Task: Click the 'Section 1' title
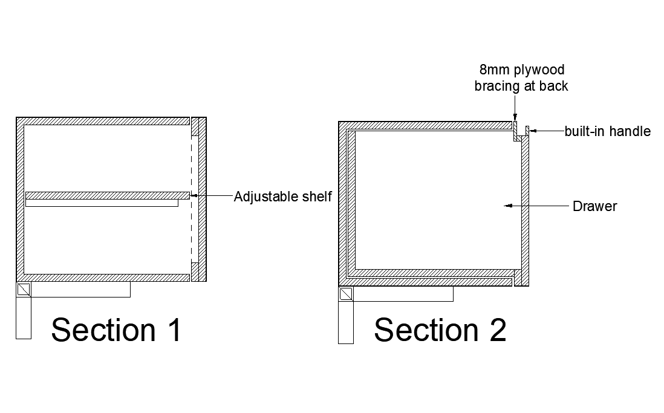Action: [116, 330]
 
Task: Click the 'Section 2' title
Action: [440, 330]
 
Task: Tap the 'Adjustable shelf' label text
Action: [283, 197]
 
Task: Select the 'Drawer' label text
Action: [594, 206]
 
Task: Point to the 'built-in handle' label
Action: [607, 131]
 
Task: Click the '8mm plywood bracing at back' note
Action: [521, 79]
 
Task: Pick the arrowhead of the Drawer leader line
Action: [508, 206]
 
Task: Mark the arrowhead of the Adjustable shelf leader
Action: [194, 195]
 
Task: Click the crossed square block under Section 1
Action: [24, 290]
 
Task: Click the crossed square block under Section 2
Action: [346, 294]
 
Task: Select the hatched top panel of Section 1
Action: [103, 121]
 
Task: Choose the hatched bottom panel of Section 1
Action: [103, 278]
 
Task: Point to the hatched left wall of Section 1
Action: [20, 200]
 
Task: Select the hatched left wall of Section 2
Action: [343, 203]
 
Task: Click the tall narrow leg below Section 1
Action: [24, 318]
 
